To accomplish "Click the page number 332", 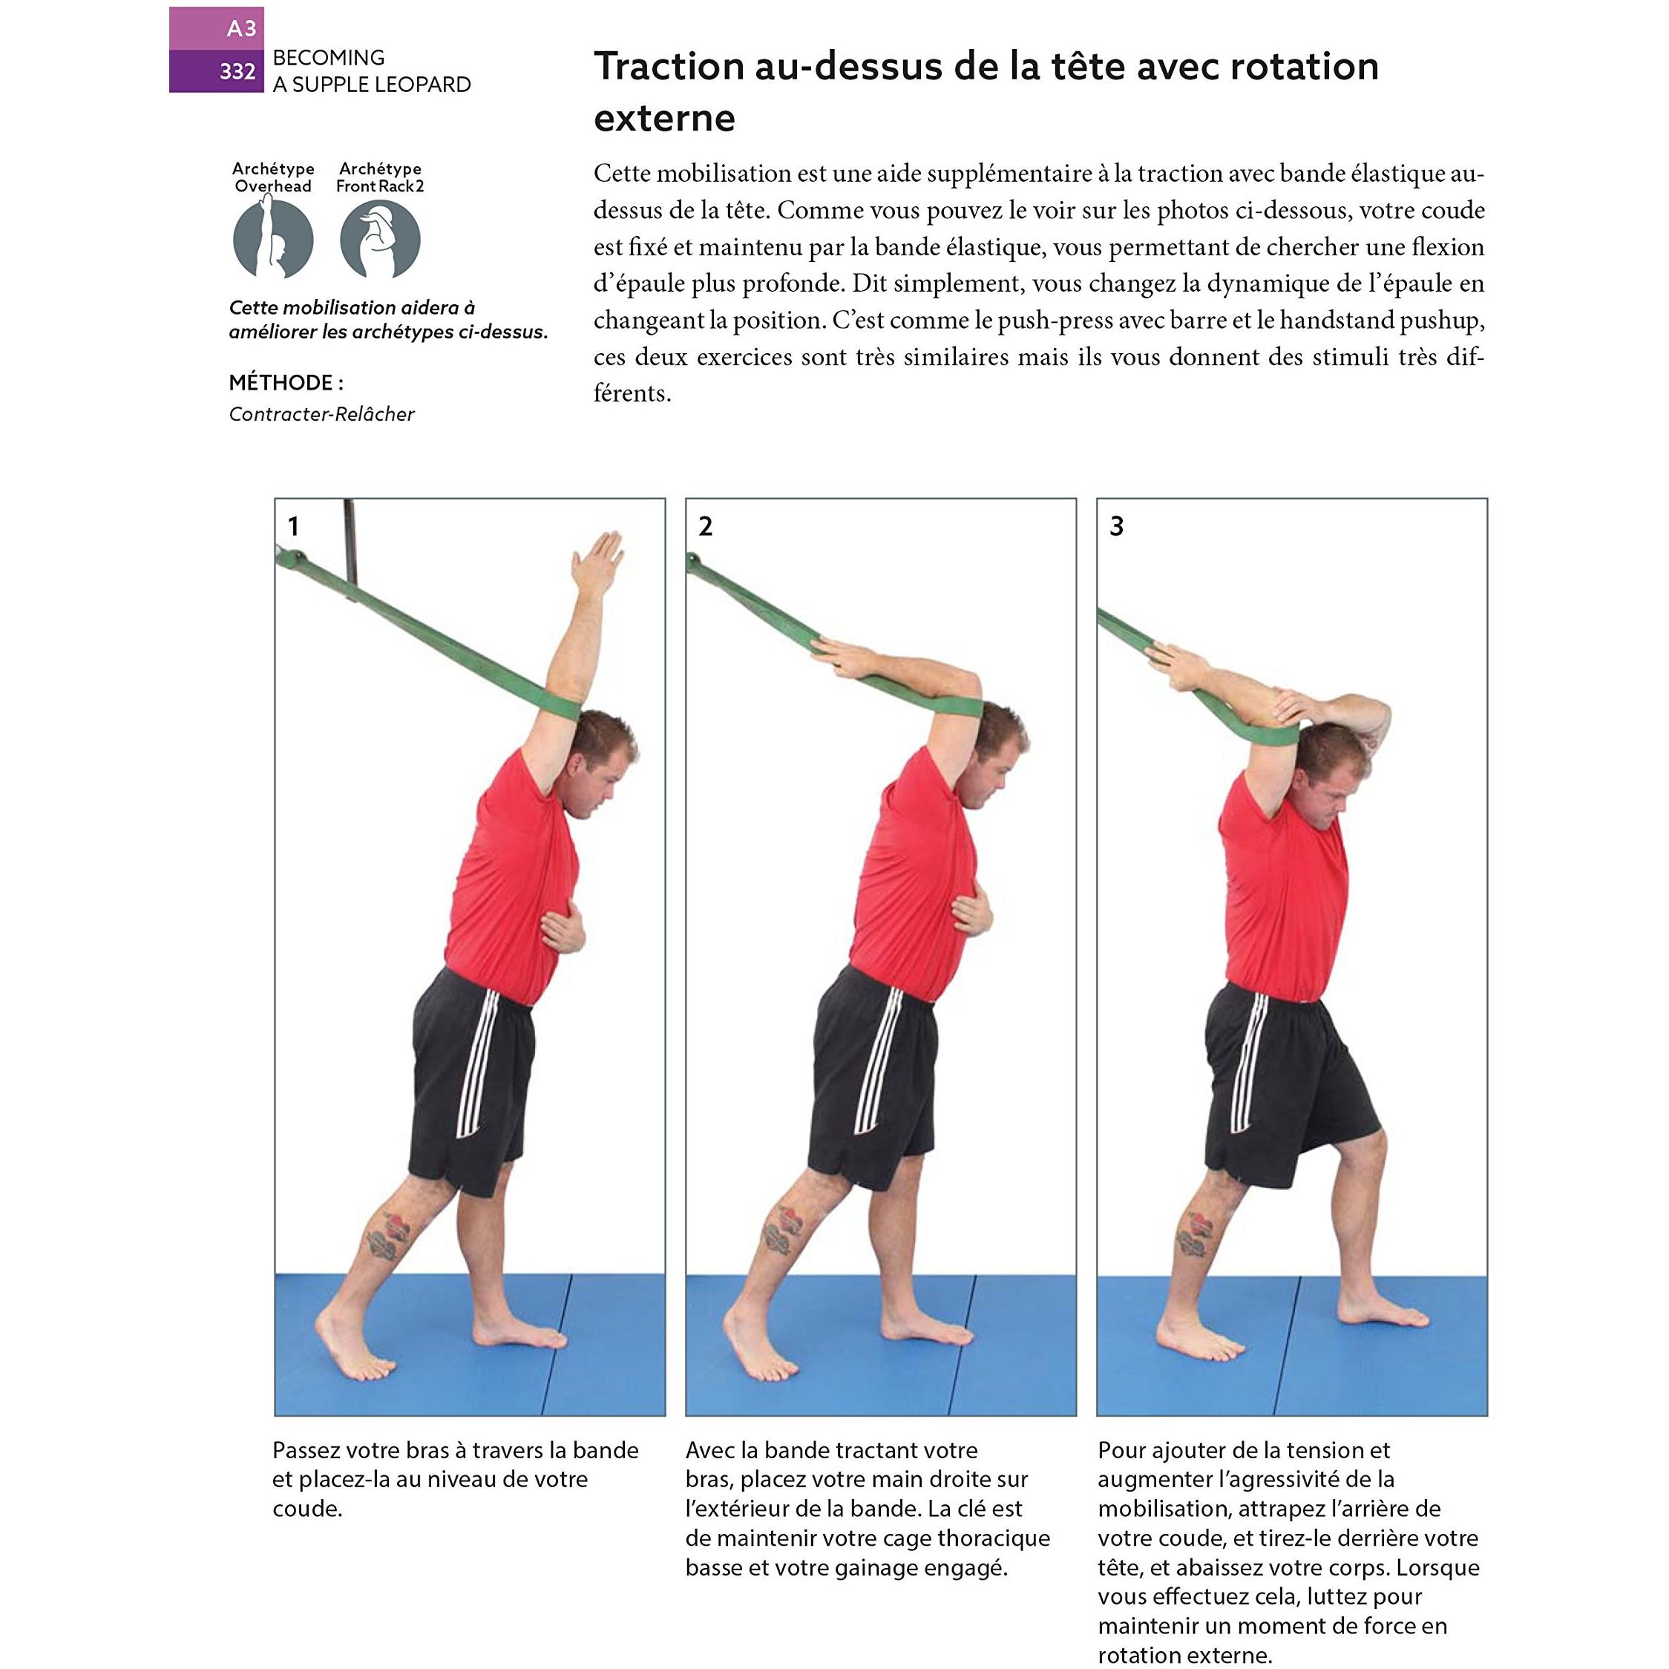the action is click(237, 71).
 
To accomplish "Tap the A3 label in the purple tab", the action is click(241, 28).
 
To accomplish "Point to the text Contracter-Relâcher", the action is click(321, 414).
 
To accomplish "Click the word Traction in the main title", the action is click(669, 67).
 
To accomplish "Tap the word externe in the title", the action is click(664, 118).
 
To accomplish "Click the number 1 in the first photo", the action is click(294, 526).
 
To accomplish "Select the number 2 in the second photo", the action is click(706, 526).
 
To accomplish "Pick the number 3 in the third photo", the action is click(1117, 526).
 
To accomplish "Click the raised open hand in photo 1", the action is click(597, 563).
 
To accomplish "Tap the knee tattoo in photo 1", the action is click(386, 1236).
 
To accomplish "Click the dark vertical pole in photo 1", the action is click(350, 548).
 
